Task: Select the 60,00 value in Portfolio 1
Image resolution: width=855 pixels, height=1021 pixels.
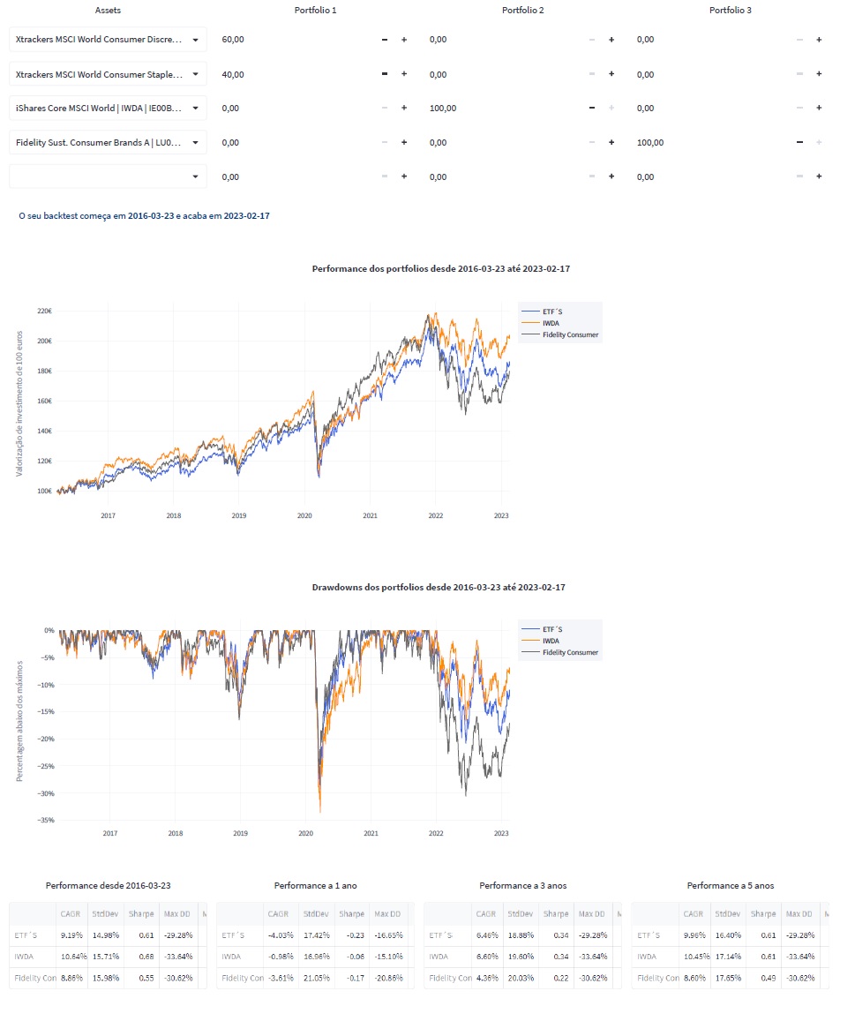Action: click(233, 40)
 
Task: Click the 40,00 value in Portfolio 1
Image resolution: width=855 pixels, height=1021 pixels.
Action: click(233, 74)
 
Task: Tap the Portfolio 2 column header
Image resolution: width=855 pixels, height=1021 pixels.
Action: click(522, 11)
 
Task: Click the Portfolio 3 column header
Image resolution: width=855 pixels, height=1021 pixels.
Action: click(730, 11)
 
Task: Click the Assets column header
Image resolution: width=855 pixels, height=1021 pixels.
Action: click(108, 11)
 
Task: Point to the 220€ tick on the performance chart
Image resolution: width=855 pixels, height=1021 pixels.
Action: click(43, 312)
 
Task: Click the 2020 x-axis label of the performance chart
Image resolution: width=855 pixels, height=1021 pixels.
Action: click(304, 515)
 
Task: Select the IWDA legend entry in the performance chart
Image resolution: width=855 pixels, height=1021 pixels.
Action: click(551, 323)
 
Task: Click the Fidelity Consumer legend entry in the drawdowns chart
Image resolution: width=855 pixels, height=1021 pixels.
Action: click(570, 652)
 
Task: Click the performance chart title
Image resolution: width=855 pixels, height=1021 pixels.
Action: click(441, 267)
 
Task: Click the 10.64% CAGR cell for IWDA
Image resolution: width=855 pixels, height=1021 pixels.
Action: click(70, 957)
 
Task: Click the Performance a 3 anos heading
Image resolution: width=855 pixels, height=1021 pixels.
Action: click(522, 885)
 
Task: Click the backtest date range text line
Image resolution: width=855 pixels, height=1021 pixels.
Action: click(144, 215)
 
